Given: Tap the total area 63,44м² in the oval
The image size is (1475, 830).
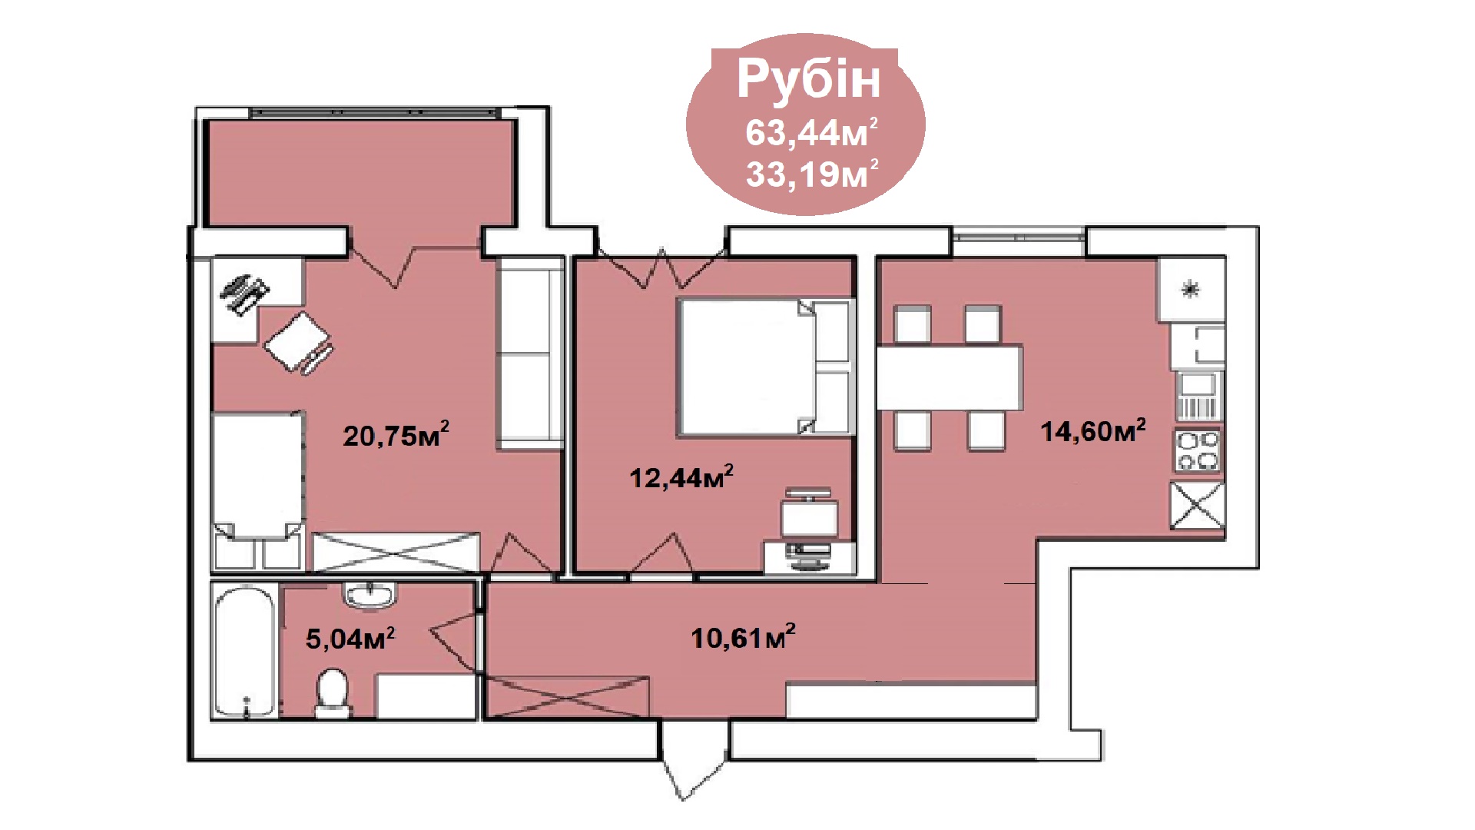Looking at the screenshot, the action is coord(811,133).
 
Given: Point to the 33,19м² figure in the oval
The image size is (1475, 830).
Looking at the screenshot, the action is coord(811,174).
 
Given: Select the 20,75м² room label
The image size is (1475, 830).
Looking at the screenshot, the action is coord(396,435).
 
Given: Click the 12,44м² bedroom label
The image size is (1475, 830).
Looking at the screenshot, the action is coord(681,476).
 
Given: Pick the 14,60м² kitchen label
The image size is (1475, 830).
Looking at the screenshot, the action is coord(1093,430).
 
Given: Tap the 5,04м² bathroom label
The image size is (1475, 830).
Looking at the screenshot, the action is coord(350,638).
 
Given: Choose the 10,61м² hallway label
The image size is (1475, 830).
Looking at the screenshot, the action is coord(743,637).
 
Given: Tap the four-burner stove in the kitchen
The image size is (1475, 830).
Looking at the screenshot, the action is coord(1198,450).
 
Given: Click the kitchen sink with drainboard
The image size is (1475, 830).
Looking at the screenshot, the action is coord(1198,396).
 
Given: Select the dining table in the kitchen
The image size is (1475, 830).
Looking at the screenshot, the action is coord(950,377).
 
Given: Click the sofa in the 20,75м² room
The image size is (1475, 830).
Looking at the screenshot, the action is coord(529,354).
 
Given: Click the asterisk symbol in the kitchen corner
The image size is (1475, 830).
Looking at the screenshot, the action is coord(1191,290).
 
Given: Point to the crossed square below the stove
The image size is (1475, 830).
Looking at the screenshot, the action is coord(1197,506).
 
